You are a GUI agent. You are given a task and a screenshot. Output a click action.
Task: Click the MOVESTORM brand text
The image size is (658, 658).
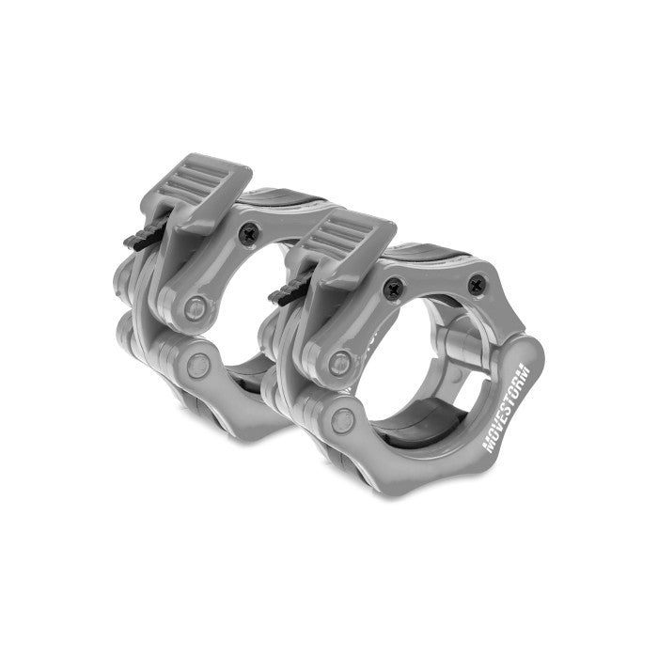pyautogui.click(x=507, y=408)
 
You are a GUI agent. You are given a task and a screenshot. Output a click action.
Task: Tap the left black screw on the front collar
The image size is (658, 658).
pyautogui.click(x=394, y=289)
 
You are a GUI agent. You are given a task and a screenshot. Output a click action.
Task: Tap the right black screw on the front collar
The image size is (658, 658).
pyautogui.click(x=477, y=286)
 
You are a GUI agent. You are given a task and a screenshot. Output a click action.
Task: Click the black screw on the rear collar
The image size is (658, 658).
pyautogui.click(x=250, y=233)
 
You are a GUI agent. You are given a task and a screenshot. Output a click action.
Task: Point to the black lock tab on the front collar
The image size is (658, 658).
pyautogui.click(x=289, y=292)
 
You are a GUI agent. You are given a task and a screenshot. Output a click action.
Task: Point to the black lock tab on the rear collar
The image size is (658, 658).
pyautogui.click(x=144, y=238)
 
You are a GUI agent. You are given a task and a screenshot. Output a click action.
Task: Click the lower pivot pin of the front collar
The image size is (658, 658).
pyautogui.click(x=343, y=420)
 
